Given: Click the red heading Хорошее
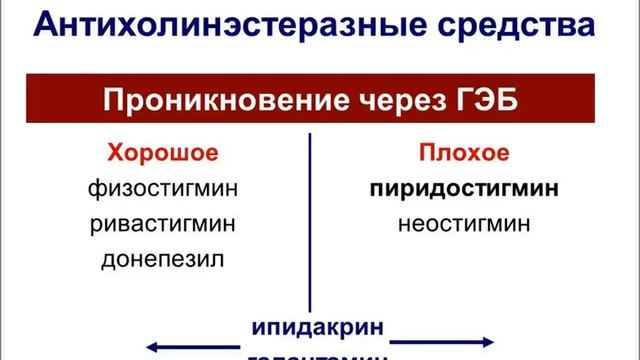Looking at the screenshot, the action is tap(162, 154).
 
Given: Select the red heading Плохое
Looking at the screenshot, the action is tap(461, 154).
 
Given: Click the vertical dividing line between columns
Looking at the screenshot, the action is tap(310, 220).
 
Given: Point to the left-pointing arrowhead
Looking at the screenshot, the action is tap(152, 346).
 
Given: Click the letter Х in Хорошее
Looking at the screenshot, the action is tap(115, 154).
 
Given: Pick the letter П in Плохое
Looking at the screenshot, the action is tap(423, 154).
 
